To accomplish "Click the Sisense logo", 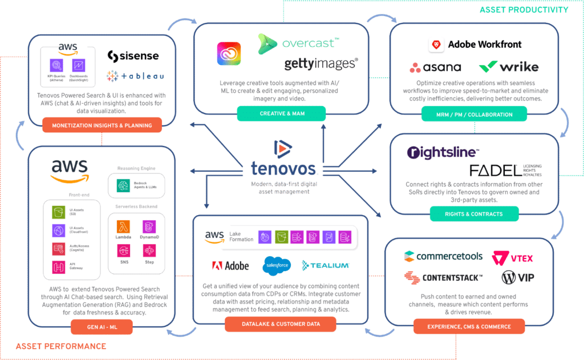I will pos(133,56).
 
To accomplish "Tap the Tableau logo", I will pos(135,76).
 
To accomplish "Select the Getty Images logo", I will pos(321,63).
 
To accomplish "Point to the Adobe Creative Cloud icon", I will pos(229,54).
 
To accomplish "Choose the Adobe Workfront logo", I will pos(475,45).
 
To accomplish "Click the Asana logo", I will pos(435,67).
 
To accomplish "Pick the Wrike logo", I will pos(509,67).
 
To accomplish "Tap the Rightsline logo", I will pos(443,153).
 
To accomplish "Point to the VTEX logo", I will pos(512,258).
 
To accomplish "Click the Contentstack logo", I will pos(443,277).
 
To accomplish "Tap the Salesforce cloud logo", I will pos(277,265).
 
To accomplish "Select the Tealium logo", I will pos(325,265).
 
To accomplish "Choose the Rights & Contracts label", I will pos(466,214).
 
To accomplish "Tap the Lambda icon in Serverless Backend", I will pos(124,228).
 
